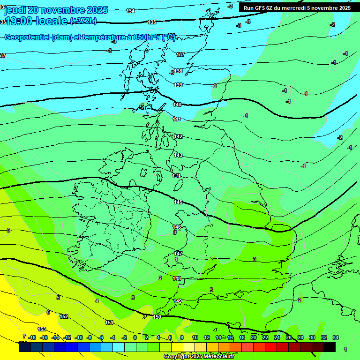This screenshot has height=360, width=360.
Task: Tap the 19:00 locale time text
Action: [35, 21]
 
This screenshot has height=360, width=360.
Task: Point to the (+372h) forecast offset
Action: [83, 21]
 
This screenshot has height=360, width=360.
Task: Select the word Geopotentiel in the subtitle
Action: [27, 38]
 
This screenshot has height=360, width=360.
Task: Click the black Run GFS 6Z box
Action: [297, 8]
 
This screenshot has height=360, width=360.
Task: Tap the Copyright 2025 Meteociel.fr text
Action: [199, 356]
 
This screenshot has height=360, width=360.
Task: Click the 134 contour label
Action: [131, 11]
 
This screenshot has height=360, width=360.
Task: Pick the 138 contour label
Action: [178, 71]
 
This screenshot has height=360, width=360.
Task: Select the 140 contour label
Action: [177, 105]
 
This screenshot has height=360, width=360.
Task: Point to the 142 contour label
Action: [178, 136]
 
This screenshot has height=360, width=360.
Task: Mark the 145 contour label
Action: [178, 202]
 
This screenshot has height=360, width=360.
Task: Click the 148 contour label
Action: [177, 278]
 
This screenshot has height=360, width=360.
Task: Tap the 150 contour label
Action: [157, 317]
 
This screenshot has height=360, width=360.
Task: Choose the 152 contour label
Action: [64, 316]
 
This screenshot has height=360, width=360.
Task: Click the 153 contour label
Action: [42, 329]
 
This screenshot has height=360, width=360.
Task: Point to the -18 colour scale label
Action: [32, 337]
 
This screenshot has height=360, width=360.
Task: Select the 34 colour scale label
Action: [336, 337]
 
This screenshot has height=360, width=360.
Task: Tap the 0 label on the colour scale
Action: [135, 337]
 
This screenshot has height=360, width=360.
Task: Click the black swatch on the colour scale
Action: [330, 347]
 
